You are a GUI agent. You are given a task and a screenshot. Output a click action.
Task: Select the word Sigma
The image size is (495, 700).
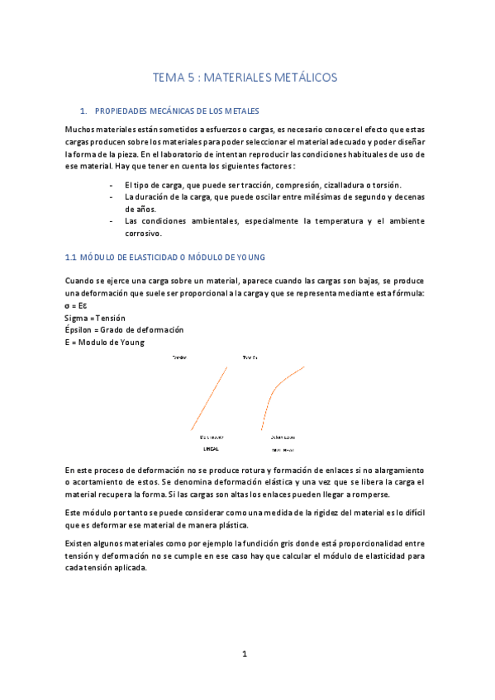click(76, 318)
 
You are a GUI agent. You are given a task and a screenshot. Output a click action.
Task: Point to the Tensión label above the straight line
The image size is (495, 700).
click(179, 357)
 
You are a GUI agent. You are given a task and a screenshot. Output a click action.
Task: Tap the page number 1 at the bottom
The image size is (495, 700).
click(245, 654)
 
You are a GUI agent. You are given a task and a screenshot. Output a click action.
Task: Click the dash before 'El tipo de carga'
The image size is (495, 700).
click(112, 185)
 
